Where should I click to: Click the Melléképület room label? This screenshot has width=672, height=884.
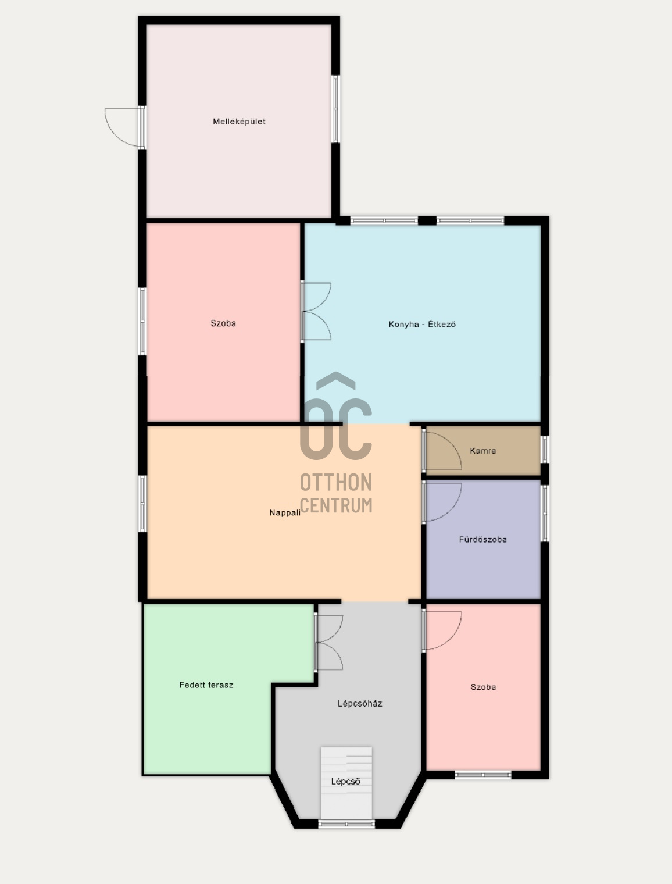[x=239, y=122]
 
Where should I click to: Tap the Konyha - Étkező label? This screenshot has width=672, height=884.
[x=422, y=325]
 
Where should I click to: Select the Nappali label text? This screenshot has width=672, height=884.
[x=285, y=513]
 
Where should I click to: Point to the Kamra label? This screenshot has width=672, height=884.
[x=483, y=451]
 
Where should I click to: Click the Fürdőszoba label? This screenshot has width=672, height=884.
[x=483, y=540]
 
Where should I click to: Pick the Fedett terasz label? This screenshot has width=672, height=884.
[x=206, y=685]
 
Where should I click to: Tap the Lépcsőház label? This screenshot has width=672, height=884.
[x=360, y=704]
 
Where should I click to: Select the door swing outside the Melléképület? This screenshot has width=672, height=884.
[x=123, y=127]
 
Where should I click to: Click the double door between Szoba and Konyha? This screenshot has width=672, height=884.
[x=317, y=312]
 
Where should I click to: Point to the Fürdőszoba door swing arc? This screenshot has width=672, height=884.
[x=445, y=501]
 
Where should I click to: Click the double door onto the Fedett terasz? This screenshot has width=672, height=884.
[x=330, y=643]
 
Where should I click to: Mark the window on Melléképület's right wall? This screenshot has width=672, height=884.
[x=335, y=109]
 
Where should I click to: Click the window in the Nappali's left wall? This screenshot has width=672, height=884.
[x=142, y=504]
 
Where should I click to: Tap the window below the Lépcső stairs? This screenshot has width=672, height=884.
[x=346, y=824]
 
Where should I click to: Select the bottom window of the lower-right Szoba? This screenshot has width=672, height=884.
[x=482, y=775]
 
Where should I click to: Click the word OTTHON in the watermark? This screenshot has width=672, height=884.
[x=336, y=483]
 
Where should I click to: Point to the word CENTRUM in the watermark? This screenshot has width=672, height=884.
[x=336, y=505]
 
